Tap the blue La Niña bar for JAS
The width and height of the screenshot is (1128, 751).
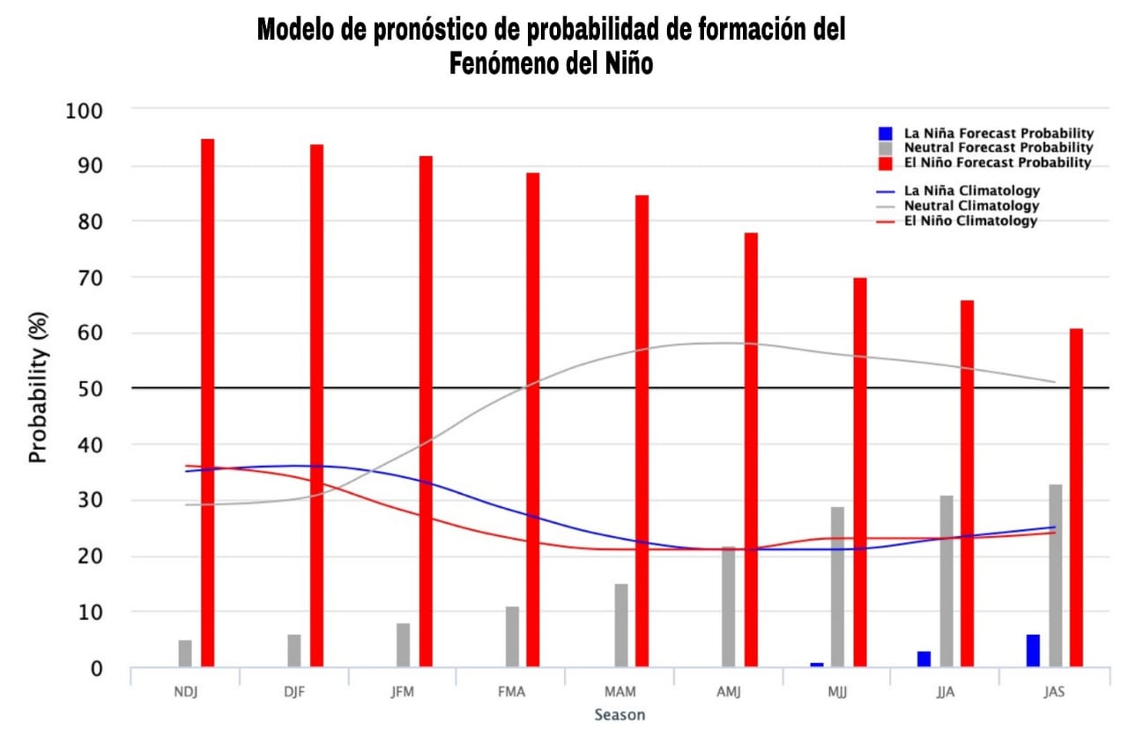pos(1033,651)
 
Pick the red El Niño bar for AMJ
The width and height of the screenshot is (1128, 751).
pos(751,449)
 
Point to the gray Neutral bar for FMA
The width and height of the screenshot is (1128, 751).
pos(512,637)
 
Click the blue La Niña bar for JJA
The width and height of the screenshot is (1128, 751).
pos(924,659)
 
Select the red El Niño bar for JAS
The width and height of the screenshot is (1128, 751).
pos(1076,497)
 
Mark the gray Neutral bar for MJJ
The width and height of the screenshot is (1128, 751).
pos(837,586)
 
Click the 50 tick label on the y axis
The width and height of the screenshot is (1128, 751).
pos(91,388)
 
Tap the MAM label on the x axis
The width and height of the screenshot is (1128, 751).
pos(620,692)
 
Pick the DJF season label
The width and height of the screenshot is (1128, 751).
pos(294,692)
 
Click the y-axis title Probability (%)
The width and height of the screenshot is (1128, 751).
pos(38,387)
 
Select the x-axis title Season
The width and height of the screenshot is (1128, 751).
pos(620,715)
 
